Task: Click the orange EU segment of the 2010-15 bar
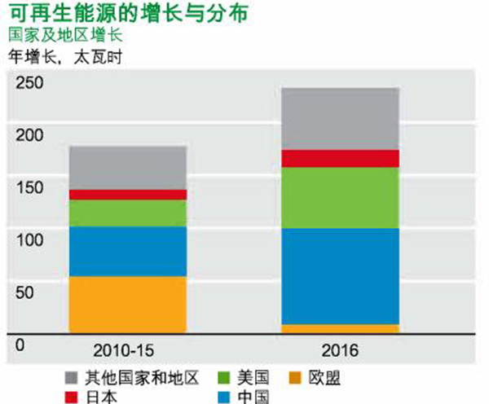click(127, 304)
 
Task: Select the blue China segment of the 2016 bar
click(339, 276)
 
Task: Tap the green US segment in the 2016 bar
click(339, 197)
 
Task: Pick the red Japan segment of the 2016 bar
click(339, 158)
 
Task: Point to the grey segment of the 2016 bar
click(339, 118)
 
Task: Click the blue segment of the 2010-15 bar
click(127, 251)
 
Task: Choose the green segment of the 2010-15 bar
click(127, 213)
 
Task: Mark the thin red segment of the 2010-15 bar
click(127, 195)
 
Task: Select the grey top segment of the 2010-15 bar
click(127, 167)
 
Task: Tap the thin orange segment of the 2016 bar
click(339, 328)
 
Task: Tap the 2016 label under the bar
click(339, 352)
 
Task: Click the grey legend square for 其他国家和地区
click(71, 377)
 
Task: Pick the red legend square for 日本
click(71, 397)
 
